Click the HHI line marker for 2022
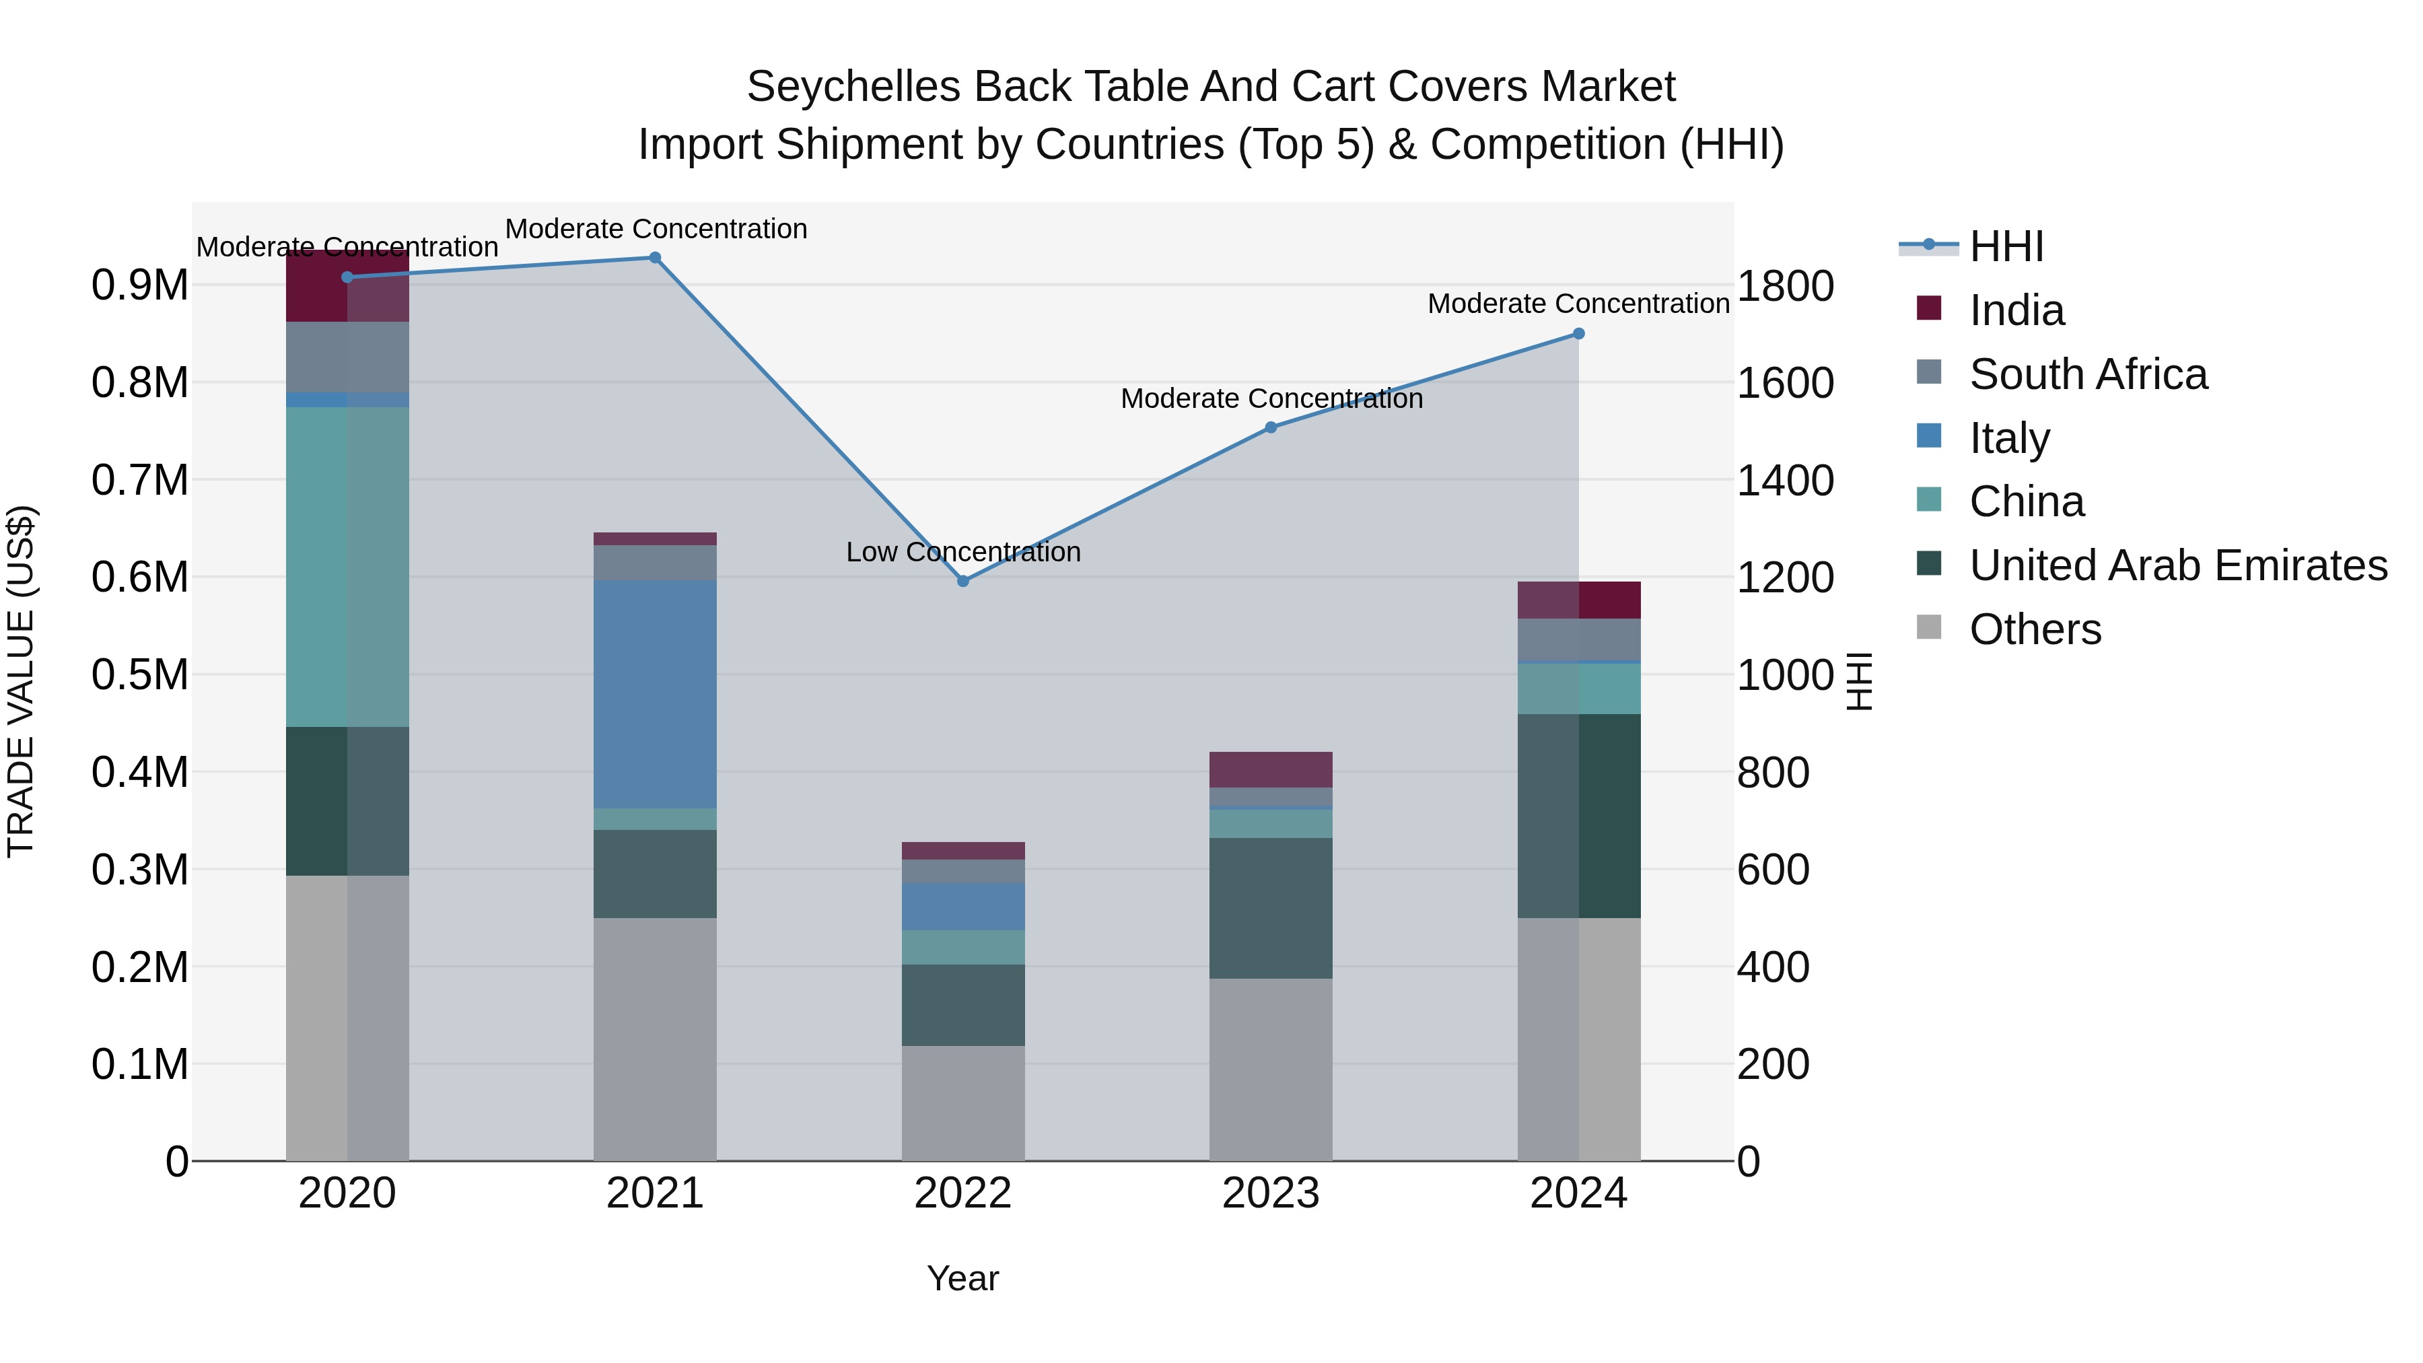pos(962,582)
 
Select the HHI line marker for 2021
pos(655,258)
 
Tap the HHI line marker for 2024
pos(1578,334)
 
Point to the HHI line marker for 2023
pos(1271,427)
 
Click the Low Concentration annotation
pos(962,552)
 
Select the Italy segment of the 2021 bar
pos(655,694)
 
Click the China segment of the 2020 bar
pos(347,567)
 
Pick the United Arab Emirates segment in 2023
pos(1271,908)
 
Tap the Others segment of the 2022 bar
pos(962,1103)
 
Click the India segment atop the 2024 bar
pos(1578,600)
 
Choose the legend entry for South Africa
pos(2088,374)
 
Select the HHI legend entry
pos(2006,246)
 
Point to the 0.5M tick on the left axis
pos(139,674)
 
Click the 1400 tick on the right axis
pos(1784,481)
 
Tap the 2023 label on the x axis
pos(1271,1193)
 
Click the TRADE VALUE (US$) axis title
pos(21,681)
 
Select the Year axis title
pos(962,1278)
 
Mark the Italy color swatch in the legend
pos(1928,436)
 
